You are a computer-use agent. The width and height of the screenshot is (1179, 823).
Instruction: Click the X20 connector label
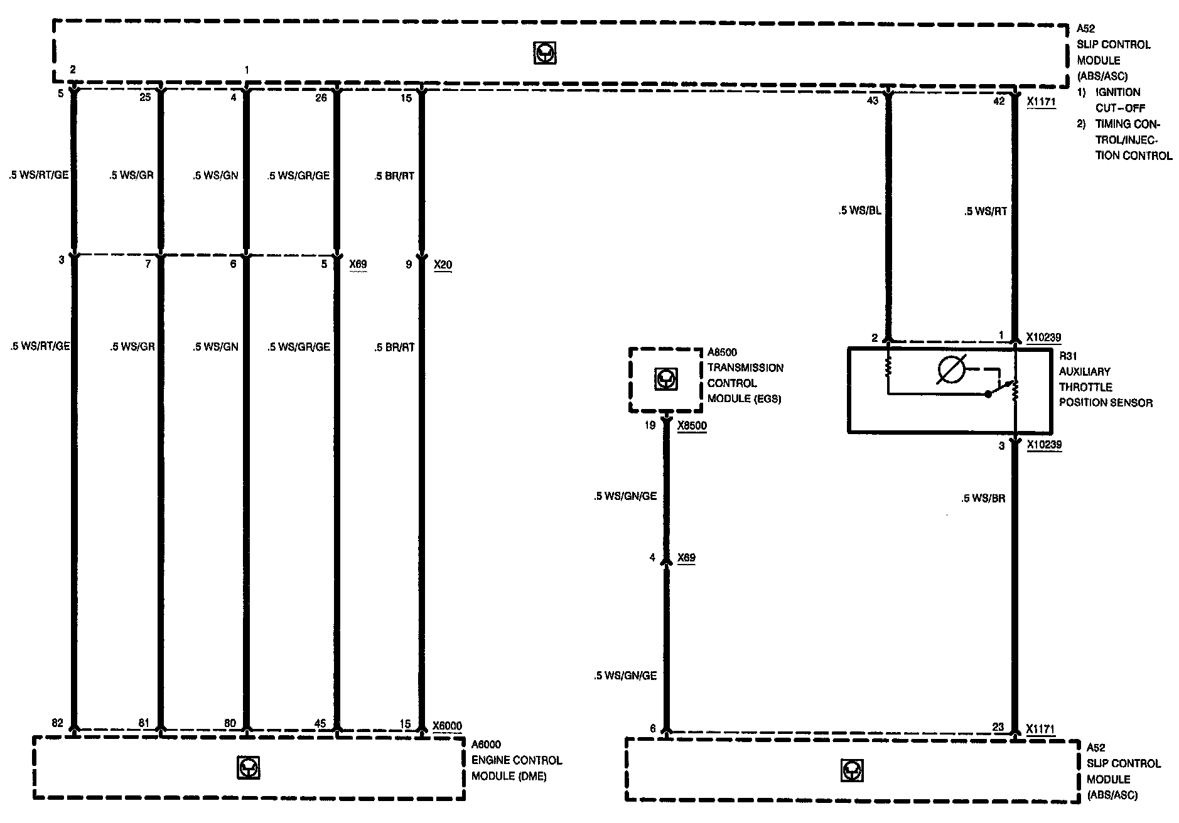[443, 265]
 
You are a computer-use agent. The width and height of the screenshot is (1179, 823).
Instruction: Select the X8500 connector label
[692, 425]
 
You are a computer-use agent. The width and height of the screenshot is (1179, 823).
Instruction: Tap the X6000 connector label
[447, 726]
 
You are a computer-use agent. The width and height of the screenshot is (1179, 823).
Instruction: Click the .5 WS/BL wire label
[859, 211]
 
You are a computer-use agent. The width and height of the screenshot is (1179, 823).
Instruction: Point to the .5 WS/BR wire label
[983, 499]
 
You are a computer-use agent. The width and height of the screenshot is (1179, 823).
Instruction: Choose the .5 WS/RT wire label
[986, 211]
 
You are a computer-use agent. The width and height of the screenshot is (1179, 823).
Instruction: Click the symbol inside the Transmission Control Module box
[664, 379]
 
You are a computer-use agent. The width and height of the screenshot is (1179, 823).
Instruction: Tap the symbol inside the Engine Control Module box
[249, 768]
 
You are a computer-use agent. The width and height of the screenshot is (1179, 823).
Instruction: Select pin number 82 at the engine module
[58, 723]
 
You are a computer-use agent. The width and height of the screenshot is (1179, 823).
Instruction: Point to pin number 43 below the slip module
[873, 100]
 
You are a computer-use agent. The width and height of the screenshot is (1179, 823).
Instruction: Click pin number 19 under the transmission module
[650, 425]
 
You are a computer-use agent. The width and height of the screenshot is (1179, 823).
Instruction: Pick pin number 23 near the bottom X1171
[998, 728]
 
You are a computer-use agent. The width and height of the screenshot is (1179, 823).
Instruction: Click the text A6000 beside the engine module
[487, 745]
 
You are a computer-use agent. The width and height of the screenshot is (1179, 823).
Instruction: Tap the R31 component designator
[1068, 356]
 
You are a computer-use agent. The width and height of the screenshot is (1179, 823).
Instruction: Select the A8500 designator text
[723, 353]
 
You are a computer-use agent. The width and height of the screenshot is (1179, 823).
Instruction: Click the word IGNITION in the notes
[1118, 92]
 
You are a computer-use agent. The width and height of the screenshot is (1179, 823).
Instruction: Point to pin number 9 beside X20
[409, 265]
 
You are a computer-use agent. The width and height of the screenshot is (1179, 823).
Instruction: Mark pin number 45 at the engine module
[320, 724]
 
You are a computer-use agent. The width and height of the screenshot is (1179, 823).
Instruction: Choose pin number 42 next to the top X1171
[999, 100]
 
